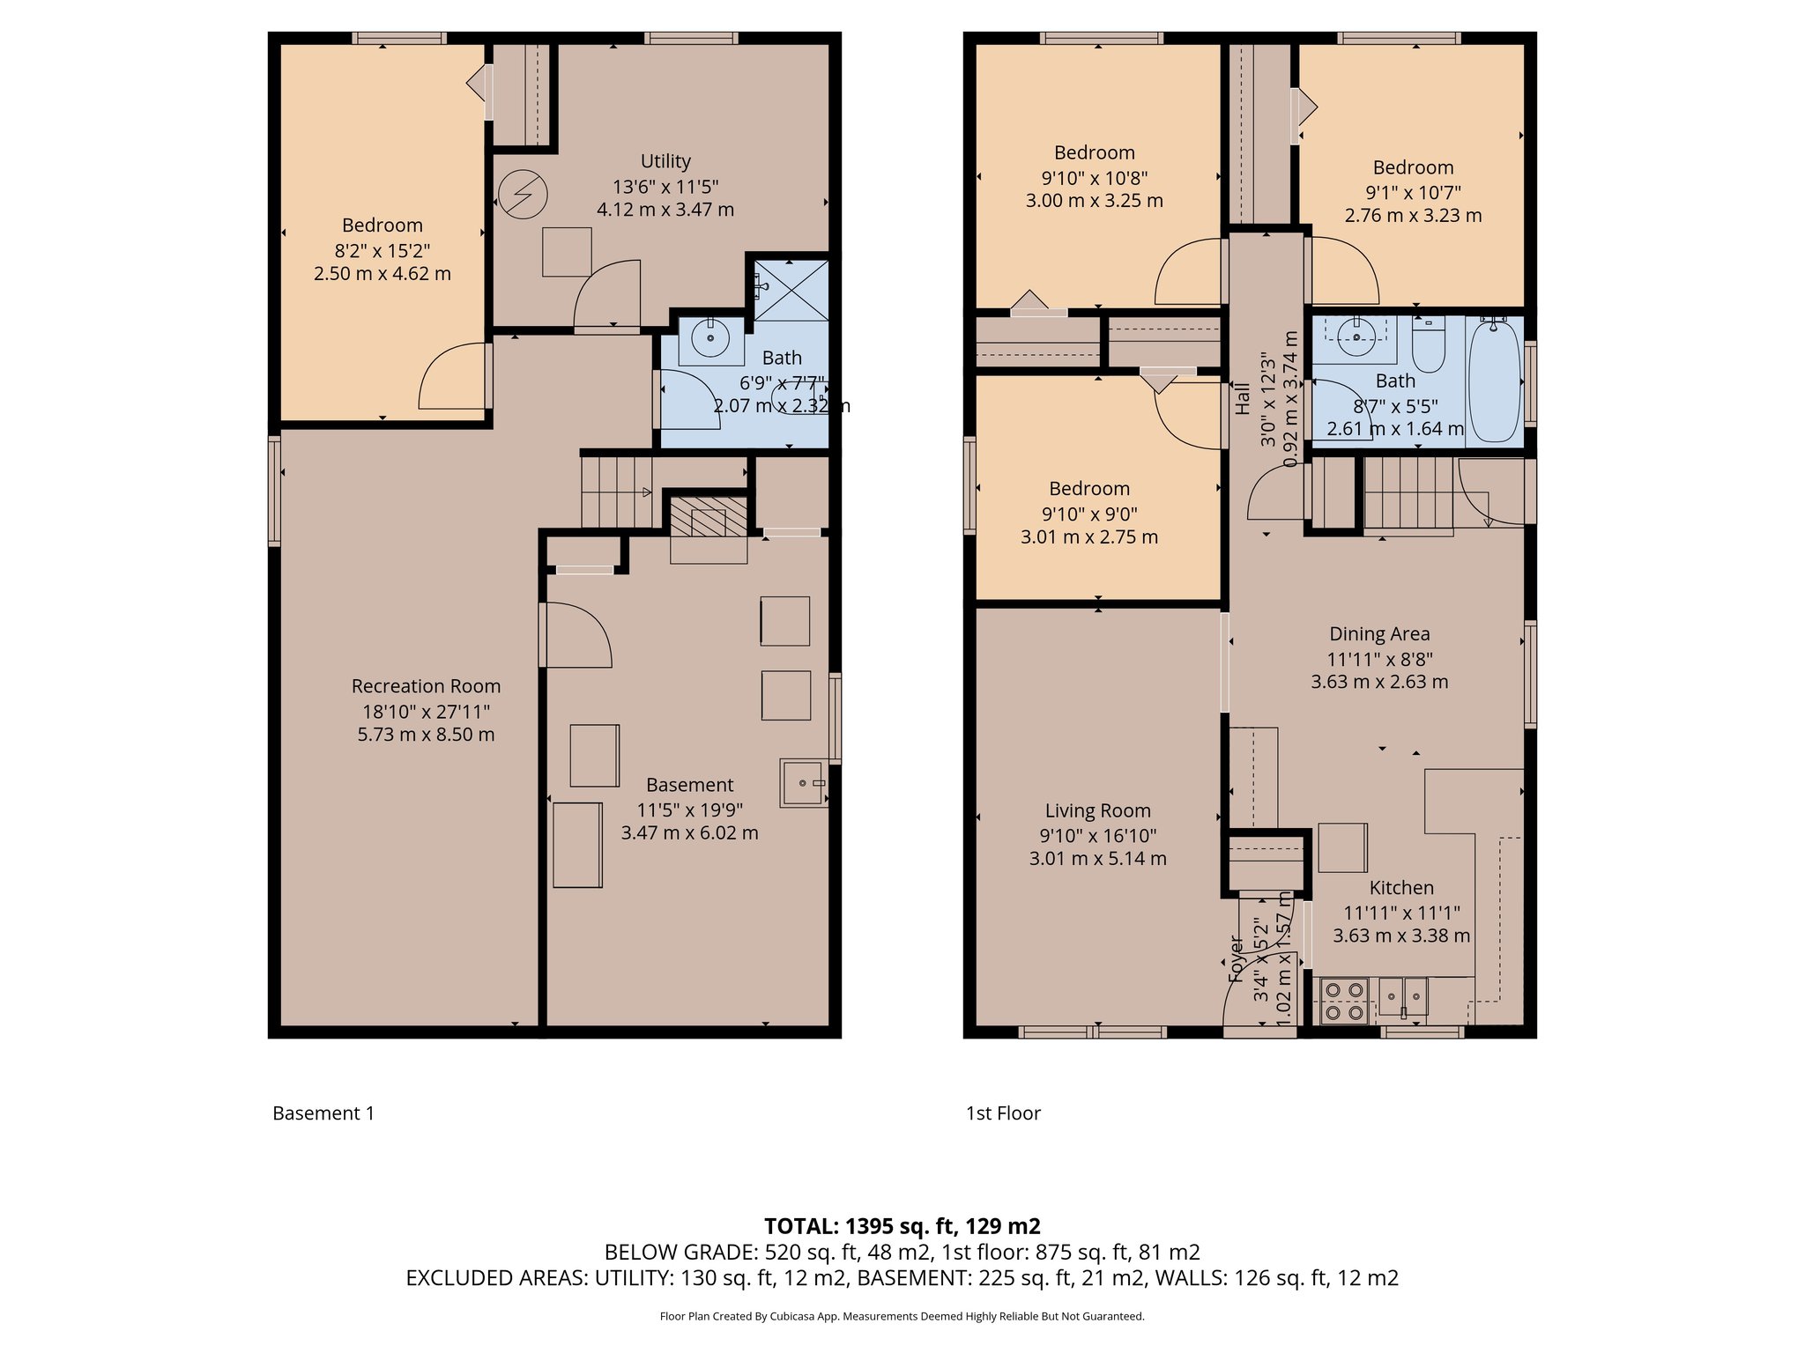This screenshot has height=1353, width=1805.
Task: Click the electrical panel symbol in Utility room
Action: pos(523,194)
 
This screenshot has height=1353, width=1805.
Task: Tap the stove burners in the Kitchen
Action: pos(1344,1002)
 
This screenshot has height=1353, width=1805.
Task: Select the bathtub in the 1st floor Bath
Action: pos(1494,381)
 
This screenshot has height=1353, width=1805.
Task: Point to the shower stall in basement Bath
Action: pos(791,289)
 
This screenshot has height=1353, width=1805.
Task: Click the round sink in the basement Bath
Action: pos(710,338)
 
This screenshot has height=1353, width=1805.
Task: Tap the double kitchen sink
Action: pos(1403,996)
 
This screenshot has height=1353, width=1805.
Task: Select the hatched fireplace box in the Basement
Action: pos(709,516)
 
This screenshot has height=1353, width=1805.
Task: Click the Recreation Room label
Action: pos(426,686)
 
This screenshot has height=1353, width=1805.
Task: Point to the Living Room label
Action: pos(1097,810)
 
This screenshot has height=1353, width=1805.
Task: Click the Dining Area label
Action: pos(1379,634)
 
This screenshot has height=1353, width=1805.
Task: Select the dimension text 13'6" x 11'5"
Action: pos(665,187)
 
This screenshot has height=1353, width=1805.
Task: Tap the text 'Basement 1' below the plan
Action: pos(323,1113)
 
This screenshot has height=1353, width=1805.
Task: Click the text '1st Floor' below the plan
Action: pos(1003,1113)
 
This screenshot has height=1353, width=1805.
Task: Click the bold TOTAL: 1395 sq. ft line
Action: pos(902,1226)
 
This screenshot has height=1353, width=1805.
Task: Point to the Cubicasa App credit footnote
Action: pos(902,1316)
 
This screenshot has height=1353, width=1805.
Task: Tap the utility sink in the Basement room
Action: pos(802,783)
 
